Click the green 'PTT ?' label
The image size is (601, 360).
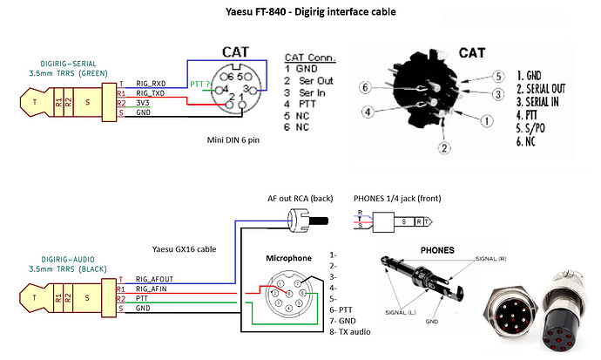(200, 84)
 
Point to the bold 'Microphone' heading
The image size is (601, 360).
(290, 259)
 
